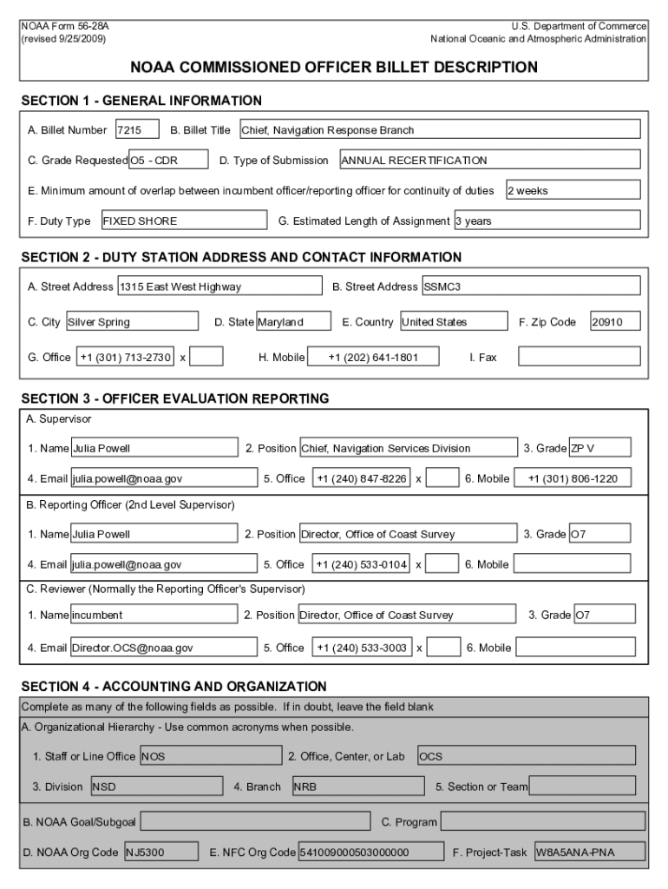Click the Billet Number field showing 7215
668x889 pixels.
pos(137,130)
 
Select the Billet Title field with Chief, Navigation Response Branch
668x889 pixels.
pos(439,130)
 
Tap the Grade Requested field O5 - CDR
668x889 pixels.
pos(168,160)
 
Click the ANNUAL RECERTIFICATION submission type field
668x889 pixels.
pos(489,160)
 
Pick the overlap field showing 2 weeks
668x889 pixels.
pos(573,190)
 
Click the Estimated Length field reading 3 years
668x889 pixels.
pos(547,221)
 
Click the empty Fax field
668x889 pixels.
pos(579,357)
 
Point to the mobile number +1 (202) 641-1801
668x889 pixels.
pos(372,357)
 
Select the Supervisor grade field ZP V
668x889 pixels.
pos(599,448)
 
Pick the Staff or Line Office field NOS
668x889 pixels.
pos(210,756)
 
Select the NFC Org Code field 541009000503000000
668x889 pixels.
pos(370,853)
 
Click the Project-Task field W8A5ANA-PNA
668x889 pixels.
pos(589,853)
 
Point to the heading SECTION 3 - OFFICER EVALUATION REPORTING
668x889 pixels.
pos(175,399)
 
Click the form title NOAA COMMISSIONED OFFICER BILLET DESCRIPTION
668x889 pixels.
pos(334,67)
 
